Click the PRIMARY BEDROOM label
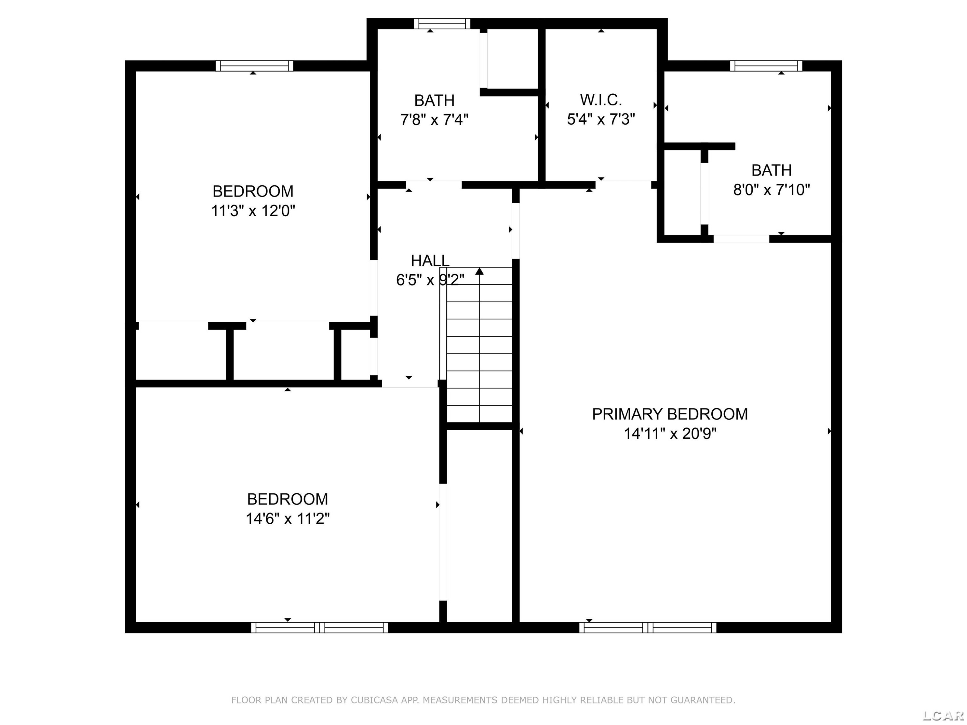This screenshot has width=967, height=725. point(670,414)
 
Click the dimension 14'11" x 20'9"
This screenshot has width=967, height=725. point(670,433)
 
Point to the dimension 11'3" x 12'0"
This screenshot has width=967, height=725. point(253,211)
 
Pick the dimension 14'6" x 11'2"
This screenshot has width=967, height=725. point(288,519)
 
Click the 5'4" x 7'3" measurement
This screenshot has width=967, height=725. point(601,119)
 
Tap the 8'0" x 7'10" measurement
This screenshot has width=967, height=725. point(772,190)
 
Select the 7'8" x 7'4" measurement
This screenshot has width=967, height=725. point(435,119)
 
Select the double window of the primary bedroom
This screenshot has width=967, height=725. point(648,628)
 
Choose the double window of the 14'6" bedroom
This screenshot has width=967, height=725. point(319,628)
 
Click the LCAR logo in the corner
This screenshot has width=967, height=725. point(943,715)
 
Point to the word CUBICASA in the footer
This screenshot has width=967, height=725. point(374,700)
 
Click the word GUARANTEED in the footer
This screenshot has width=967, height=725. point(702,700)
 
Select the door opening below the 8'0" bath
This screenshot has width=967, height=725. point(741,239)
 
